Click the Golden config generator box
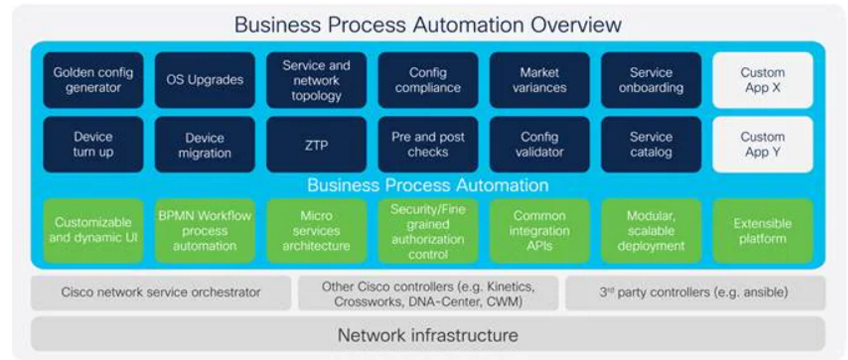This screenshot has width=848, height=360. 93,80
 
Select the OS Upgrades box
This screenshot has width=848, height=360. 205,80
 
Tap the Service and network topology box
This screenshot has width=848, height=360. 316,80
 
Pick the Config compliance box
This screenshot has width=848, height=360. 428,80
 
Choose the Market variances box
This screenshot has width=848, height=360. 539,80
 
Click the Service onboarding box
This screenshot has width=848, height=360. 651,80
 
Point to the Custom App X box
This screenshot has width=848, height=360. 762,80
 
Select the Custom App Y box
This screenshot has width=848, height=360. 762,144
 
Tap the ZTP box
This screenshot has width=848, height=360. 316,144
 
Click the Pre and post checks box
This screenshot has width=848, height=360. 428,144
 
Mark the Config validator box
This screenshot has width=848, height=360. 539,144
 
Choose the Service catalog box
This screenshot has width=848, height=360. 651,144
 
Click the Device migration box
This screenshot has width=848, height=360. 205,144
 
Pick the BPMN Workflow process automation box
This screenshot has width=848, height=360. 205,231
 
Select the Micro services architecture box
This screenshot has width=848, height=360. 316,231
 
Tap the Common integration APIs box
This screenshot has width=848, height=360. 539,231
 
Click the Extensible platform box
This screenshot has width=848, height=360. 762,231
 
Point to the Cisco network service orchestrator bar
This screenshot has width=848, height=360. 160,292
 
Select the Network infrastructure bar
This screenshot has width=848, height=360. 428,334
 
